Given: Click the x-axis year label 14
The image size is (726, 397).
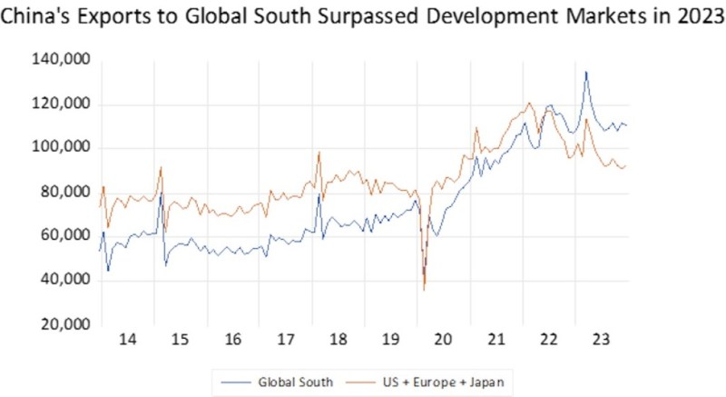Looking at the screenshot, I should click(x=127, y=340).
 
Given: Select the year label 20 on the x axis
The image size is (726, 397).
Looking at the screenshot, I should click(x=443, y=340).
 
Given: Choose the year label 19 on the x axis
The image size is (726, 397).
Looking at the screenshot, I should click(x=390, y=340).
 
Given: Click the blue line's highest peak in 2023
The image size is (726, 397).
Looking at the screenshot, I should click(x=586, y=72).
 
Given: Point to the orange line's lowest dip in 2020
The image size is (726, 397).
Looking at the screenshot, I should click(x=424, y=290).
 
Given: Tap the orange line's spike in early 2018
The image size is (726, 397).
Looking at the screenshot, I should click(x=319, y=152).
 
